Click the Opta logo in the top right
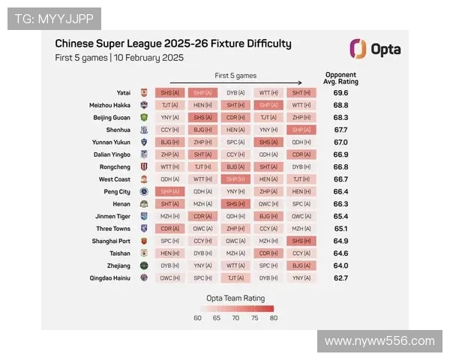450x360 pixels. [375, 49]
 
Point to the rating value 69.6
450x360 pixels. [340, 93]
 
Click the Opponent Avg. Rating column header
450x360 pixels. [340, 78]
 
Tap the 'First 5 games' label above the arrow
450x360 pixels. [235, 76]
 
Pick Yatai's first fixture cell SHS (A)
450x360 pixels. [170, 93]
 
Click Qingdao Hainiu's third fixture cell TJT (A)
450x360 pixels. [235, 277]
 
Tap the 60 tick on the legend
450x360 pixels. [198, 318]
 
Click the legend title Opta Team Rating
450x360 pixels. [235, 297]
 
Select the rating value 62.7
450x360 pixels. [340, 277]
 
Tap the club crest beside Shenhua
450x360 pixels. [144, 130]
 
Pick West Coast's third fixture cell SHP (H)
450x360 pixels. [235, 179]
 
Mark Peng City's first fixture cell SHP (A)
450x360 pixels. [170, 191]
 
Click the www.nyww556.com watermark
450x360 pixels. [379, 341]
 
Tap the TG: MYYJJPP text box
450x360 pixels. [54, 19]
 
